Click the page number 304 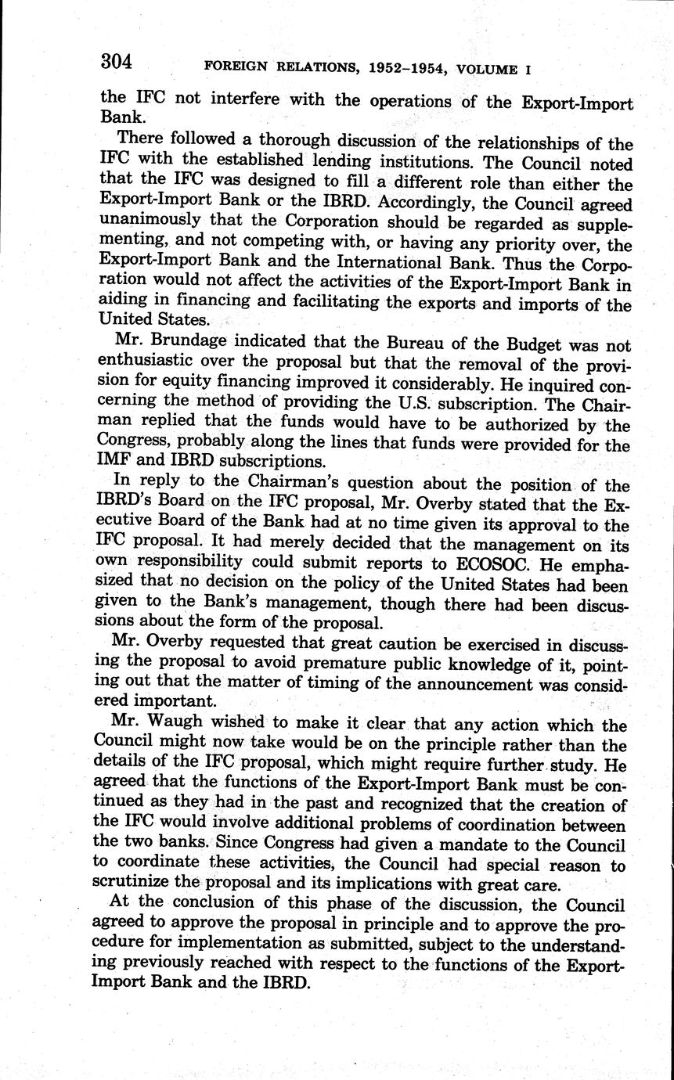pyautogui.click(x=117, y=61)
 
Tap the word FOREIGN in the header pyautogui.click(x=236, y=68)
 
